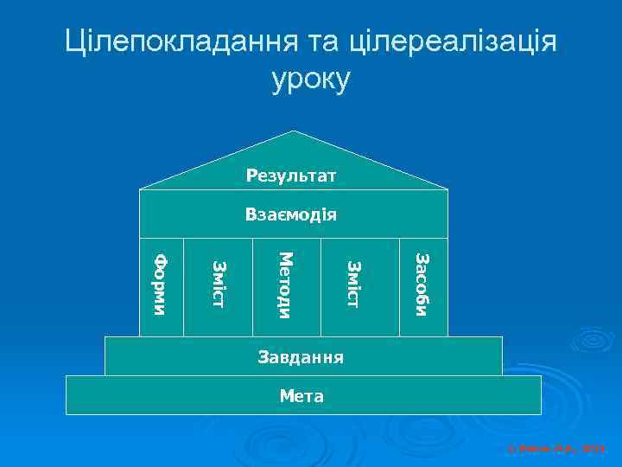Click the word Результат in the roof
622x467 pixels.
(x=291, y=176)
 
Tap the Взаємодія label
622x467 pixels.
(x=291, y=214)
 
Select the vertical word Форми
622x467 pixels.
(x=162, y=284)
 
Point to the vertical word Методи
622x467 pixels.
(x=287, y=285)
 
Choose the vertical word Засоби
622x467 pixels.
(x=421, y=285)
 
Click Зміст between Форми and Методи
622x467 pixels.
(x=218, y=285)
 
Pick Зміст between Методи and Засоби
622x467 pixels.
(x=352, y=285)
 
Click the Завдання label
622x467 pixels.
(x=301, y=356)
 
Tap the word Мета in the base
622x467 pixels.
(x=301, y=397)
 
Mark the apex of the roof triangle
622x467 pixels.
(x=294, y=131)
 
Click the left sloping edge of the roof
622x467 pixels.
(x=216, y=160)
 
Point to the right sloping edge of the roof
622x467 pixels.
(x=371, y=160)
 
